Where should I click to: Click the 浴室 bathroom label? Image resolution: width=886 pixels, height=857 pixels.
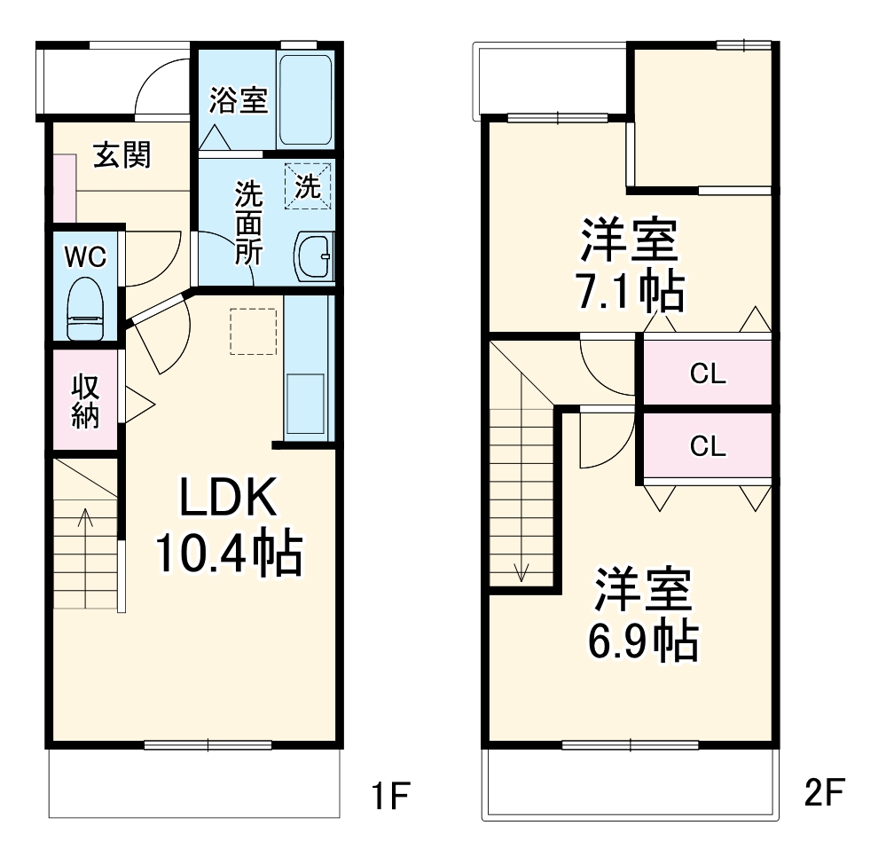click(238, 100)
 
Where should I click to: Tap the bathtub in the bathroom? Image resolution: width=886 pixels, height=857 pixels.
click(305, 99)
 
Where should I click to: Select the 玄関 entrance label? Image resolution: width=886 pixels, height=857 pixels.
click(123, 155)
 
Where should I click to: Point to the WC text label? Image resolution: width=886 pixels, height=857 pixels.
click(85, 256)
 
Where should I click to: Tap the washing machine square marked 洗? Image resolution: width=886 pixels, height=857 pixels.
click(307, 186)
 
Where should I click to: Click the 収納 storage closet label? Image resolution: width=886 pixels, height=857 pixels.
click(85, 401)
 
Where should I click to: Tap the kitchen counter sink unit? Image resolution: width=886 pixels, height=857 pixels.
click(307, 390)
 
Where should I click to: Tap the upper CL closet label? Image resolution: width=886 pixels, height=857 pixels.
click(708, 374)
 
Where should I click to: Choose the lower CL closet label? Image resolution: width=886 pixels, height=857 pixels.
click(708, 447)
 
